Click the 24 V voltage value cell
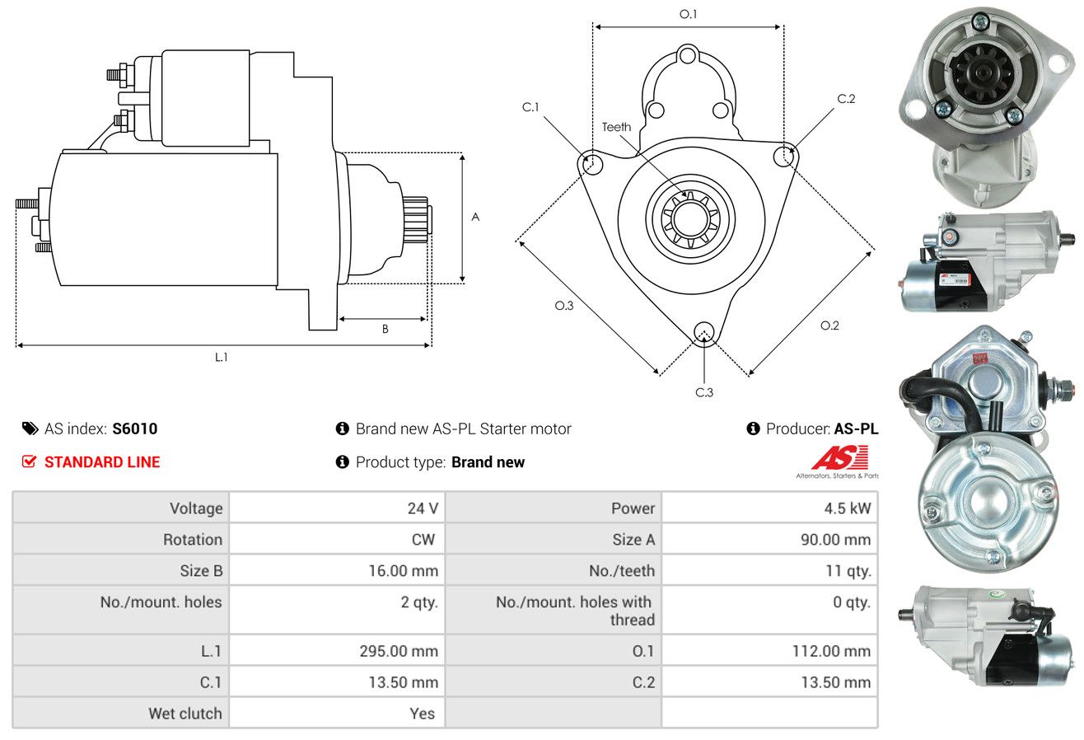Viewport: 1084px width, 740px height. click(x=423, y=508)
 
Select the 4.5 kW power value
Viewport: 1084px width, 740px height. click(x=848, y=508)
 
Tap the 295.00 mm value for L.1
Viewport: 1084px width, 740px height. click(x=399, y=651)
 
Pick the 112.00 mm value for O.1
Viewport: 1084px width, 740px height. click(x=831, y=651)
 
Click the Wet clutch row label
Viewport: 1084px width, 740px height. click(x=185, y=714)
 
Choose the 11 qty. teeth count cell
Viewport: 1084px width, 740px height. click(x=848, y=571)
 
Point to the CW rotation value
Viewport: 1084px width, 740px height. click(x=423, y=540)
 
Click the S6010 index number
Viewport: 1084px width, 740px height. click(x=134, y=429)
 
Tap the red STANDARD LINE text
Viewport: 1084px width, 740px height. click(x=102, y=462)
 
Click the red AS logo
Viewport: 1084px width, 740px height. click(x=840, y=457)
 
